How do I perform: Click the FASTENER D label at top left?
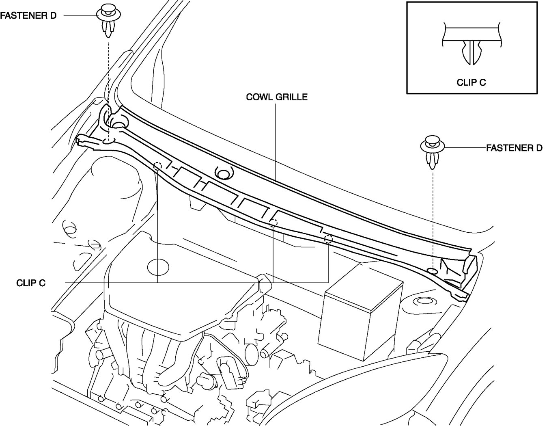pyautogui.click(x=28, y=16)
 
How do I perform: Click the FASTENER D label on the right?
pyautogui.click(x=514, y=148)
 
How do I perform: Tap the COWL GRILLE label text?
pyautogui.click(x=277, y=97)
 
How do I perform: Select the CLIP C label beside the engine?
pyautogui.click(x=31, y=283)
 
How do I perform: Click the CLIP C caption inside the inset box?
pyautogui.click(x=471, y=82)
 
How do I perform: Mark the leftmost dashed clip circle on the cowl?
pyautogui.click(x=157, y=166)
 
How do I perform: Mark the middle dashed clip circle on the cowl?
pyautogui.click(x=274, y=222)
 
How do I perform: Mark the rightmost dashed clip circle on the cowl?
pyautogui.click(x=328, y=239)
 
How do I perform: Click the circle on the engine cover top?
pyautogui.click(x=158, y=267)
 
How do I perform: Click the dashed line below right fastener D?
pyautogui.click(x=433, y=219)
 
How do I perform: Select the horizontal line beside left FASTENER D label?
pyautogui.click(x=80, y=16)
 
